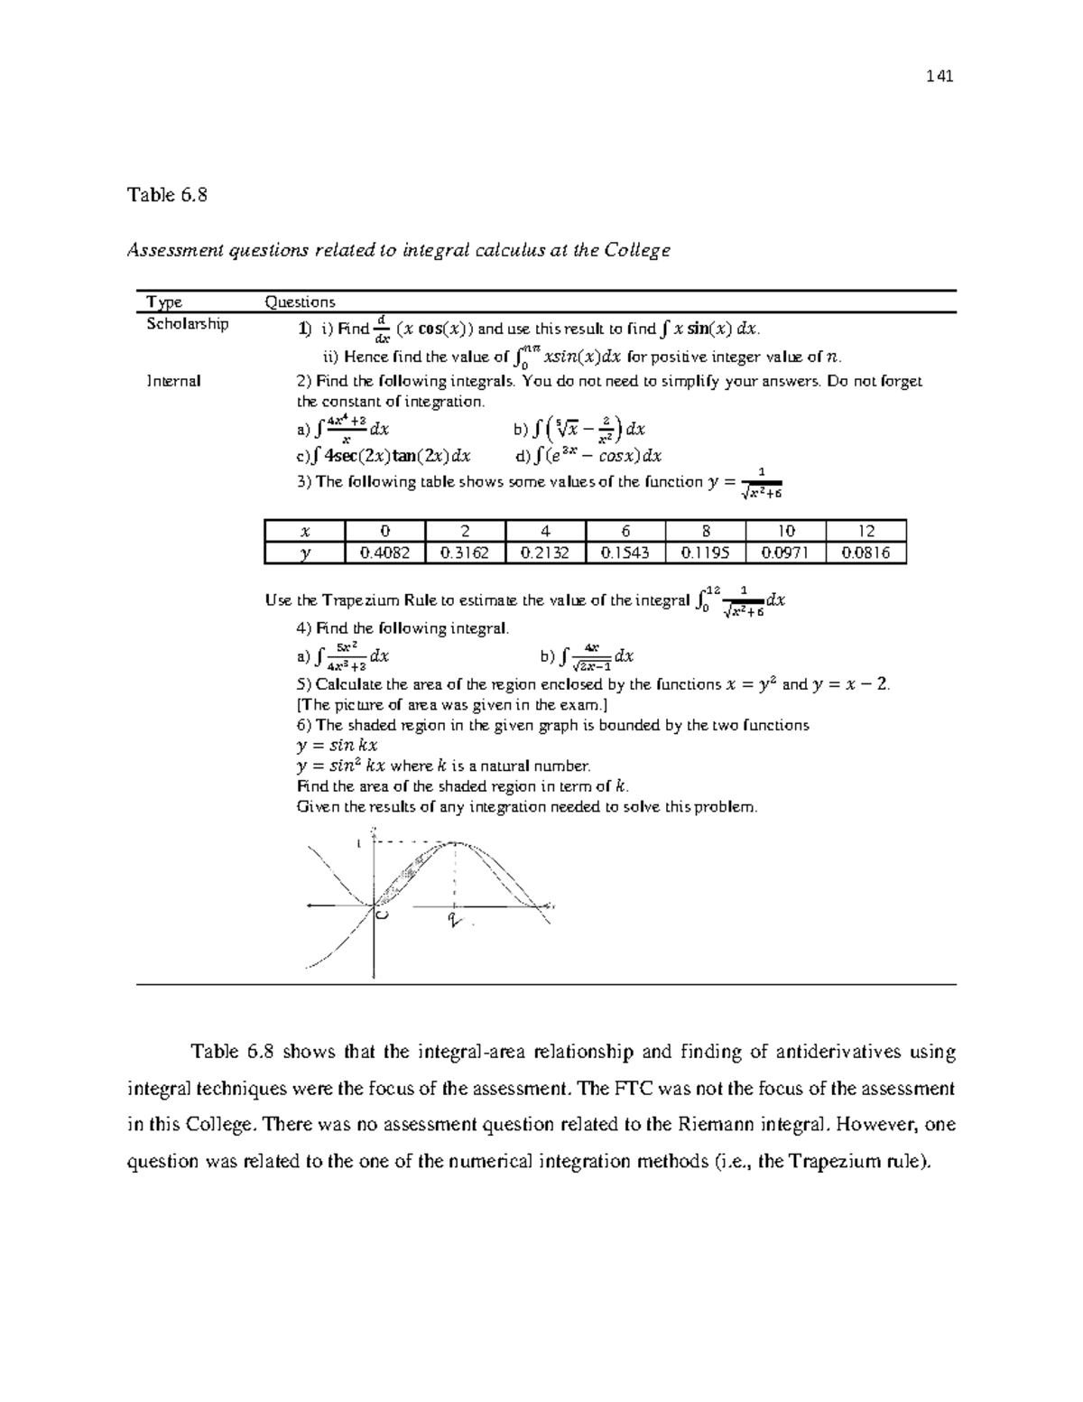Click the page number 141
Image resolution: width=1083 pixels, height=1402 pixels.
pos(940,76)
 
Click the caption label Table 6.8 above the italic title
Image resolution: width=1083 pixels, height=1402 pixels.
pos(167,195)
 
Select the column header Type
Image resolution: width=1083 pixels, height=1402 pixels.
pos(164,302)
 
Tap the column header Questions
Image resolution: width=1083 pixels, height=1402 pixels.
pos(299,302)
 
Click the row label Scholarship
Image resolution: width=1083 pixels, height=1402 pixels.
pos(187,324)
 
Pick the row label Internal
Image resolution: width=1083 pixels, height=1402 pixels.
pos(173,381)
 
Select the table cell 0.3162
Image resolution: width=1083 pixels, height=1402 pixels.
pos(465,553)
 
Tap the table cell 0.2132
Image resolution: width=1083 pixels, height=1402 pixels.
pos(545,553)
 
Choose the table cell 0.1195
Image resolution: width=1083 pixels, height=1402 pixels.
pos(705,553)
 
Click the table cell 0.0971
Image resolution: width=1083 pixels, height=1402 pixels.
pos(785,553)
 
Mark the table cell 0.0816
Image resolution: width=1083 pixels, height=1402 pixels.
pos(865,553)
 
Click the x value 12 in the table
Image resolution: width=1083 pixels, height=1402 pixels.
pos(865,532)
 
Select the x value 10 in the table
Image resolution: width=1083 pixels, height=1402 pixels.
pos(785,532)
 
